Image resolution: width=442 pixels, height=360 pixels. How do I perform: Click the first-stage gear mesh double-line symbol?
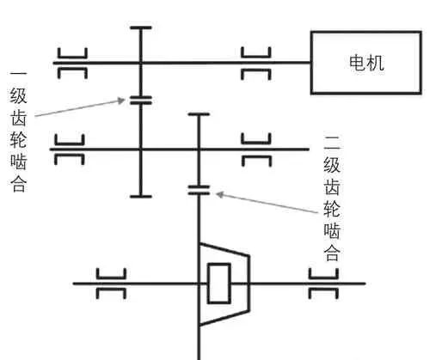(141, 101)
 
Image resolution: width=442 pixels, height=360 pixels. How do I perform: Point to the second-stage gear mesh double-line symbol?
(199, 190)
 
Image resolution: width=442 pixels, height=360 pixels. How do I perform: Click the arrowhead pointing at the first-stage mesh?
(121, 101)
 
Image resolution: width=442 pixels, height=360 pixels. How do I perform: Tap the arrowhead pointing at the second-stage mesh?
(219, 194)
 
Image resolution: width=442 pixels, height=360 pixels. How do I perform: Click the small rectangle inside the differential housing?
(219, 284)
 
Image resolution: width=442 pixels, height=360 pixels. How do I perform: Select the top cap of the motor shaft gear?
(141, 27)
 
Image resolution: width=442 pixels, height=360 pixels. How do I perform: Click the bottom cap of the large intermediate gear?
(141, 197)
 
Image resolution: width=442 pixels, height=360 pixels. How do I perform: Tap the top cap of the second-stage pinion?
(199, 114)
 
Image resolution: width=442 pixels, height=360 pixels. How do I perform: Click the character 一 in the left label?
(18, 74)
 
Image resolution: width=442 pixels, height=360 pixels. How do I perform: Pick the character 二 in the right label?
(332, 143)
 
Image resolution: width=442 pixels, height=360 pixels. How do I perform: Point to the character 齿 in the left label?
(19, 118)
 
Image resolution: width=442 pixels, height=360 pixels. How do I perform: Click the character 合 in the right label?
(332, 253)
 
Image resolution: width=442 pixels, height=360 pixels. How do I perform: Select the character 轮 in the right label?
(332, 209)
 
